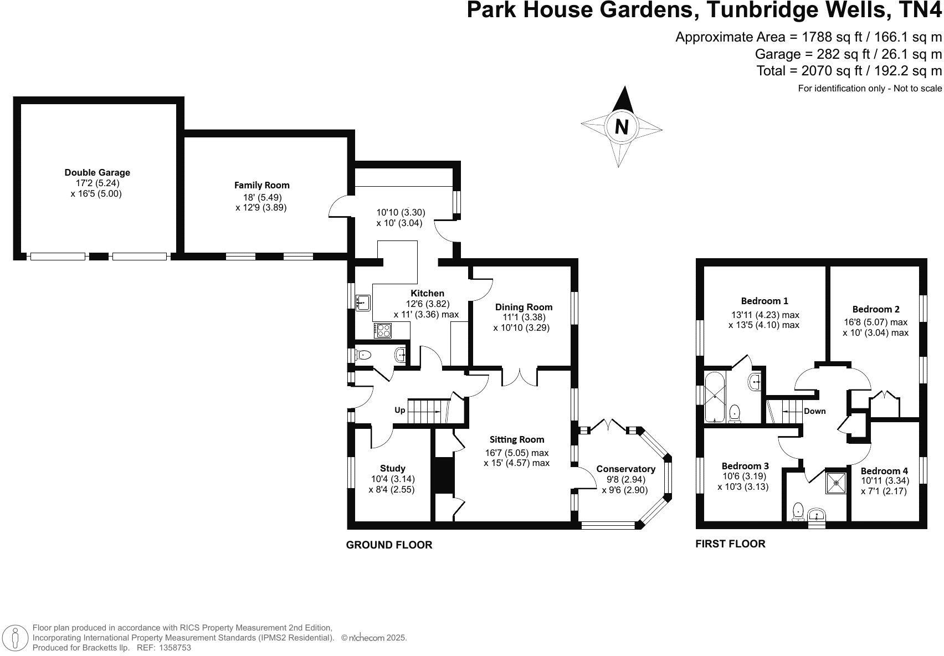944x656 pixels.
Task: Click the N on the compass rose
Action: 622,127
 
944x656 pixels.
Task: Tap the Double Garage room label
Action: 97,173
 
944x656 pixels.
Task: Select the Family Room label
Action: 261,185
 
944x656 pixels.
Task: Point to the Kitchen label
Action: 427,293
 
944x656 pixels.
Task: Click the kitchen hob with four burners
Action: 382,330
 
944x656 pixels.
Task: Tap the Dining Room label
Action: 524,307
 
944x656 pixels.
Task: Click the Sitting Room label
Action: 517,439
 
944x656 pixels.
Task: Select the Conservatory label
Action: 625,469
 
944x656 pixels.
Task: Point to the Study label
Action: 392,468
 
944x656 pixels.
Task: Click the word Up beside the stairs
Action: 399,411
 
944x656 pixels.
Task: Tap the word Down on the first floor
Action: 814,411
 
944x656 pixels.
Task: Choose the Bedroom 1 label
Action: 765,301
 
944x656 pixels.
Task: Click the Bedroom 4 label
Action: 884,471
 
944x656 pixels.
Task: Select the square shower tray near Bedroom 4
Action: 836,483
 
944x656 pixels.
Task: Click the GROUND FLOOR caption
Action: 389,545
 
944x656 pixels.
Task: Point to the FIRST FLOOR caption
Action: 730,544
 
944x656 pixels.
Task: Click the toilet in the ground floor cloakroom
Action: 363,355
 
